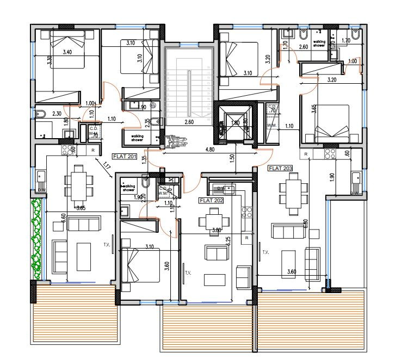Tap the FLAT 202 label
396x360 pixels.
[211, 200]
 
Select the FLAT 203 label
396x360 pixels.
[281, 169]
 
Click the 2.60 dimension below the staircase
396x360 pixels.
[189, 122]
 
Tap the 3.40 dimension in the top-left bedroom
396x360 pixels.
[67, 52]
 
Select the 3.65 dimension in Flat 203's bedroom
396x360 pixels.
[313, 109]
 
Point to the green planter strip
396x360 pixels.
[36, 239]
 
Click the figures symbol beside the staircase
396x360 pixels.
[176, 141]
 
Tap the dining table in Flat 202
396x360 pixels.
[208, 220]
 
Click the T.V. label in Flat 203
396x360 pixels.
[265, 252]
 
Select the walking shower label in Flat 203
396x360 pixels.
[319, 43]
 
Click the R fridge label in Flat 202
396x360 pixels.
[246, 238]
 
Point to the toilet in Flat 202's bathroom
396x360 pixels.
[144, 181]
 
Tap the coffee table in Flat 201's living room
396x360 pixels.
[83, 255]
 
